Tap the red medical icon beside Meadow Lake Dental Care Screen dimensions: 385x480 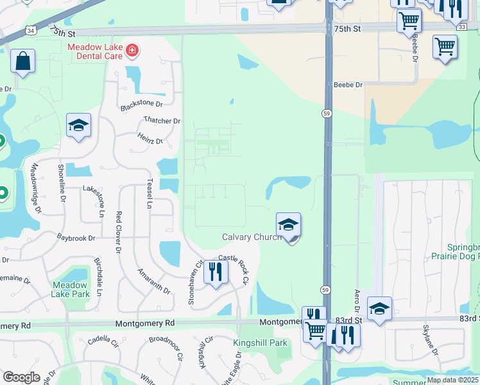pos(132,49)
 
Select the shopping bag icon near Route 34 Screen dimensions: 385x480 pos(22,62)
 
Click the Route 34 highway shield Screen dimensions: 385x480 pos(31,30)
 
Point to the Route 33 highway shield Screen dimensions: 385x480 pos(462,26)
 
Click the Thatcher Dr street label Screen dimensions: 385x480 pos(162,121)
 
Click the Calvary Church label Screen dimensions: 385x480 pos(251,237)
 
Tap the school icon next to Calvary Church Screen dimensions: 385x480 pos(289,225)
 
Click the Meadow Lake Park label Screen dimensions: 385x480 pos(71,289)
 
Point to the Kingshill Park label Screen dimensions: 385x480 pos(261,343)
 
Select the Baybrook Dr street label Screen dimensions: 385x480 pos(76,237)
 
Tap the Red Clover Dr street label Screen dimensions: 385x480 pos(119,231)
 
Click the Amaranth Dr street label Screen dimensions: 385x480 pos(154,281)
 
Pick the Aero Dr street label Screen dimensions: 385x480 pos(357,302)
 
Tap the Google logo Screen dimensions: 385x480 pos(21,378)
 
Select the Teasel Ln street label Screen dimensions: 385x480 pos(150,193)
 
